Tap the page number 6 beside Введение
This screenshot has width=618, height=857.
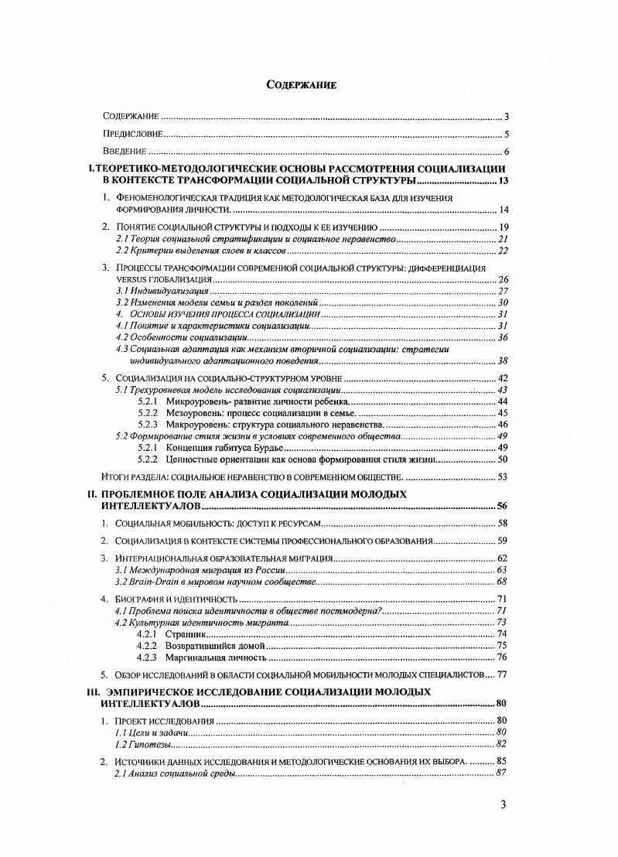[504, 152]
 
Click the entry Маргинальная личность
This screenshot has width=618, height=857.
[214, 657]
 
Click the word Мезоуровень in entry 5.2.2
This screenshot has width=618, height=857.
[193, 413]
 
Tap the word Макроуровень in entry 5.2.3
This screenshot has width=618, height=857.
[196, 425]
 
